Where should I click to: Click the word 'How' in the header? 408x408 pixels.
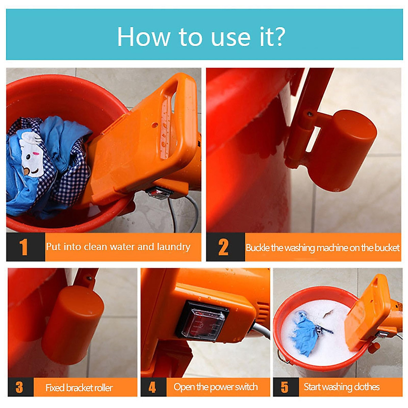[x=143, y=36]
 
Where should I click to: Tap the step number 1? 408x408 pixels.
[x=23, y=247]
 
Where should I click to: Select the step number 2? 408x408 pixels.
[x=223, y=247]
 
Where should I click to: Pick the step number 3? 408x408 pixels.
[x=19, y=387]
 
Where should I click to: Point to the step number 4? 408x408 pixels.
[x=152, y=387]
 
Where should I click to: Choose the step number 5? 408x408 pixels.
[x=285, y=387]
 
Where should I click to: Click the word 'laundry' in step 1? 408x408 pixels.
[x=173, y=247]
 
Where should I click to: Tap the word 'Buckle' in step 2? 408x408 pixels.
[x=258, y=248]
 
